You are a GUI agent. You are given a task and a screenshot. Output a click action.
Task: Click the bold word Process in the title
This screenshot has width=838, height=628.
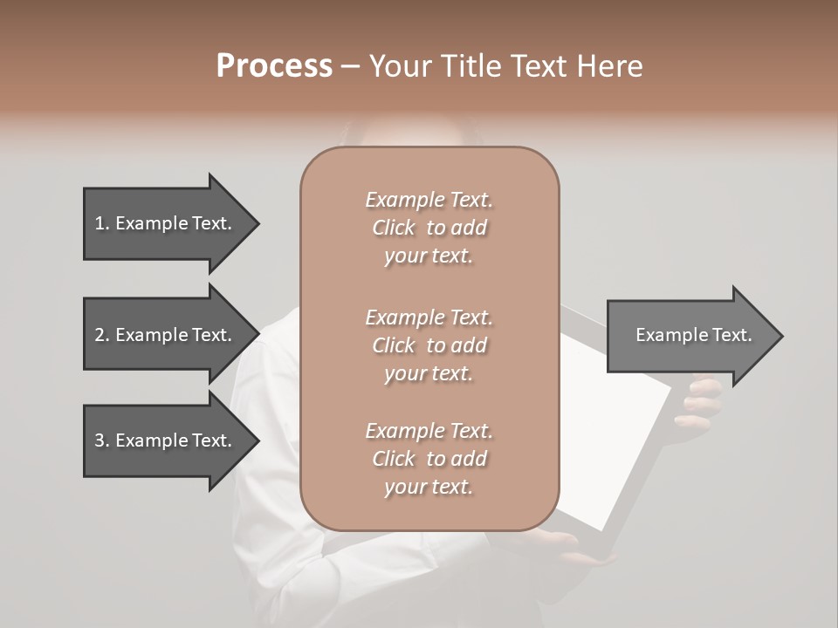point(274,65)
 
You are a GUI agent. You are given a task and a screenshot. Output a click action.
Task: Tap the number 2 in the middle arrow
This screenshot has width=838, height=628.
point(100,335)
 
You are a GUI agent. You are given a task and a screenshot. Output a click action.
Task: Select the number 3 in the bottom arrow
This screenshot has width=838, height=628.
point(100,440)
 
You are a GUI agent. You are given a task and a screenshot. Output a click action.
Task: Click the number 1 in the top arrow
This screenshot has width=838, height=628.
point(100,223)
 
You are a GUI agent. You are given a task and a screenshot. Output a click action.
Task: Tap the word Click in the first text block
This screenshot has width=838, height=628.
point(394,228)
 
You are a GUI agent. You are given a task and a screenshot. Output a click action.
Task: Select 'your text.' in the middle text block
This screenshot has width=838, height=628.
point(429,373)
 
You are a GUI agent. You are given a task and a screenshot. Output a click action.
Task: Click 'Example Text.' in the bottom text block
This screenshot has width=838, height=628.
point(429,431)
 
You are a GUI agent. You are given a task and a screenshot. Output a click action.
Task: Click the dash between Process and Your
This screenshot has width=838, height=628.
point(350,66)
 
